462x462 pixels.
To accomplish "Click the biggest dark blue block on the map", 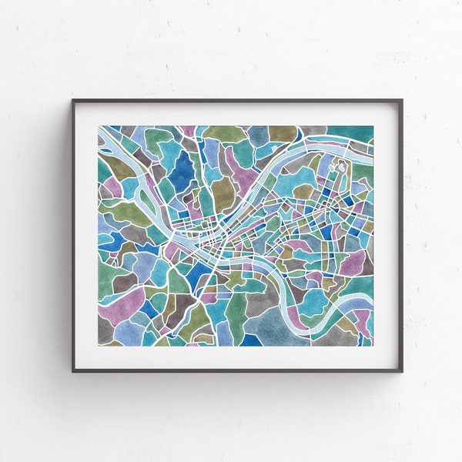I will [x=182, y=172].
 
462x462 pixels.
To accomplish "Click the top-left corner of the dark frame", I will [x=74, y=101].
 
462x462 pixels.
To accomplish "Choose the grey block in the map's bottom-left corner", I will [x=105, y=330].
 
